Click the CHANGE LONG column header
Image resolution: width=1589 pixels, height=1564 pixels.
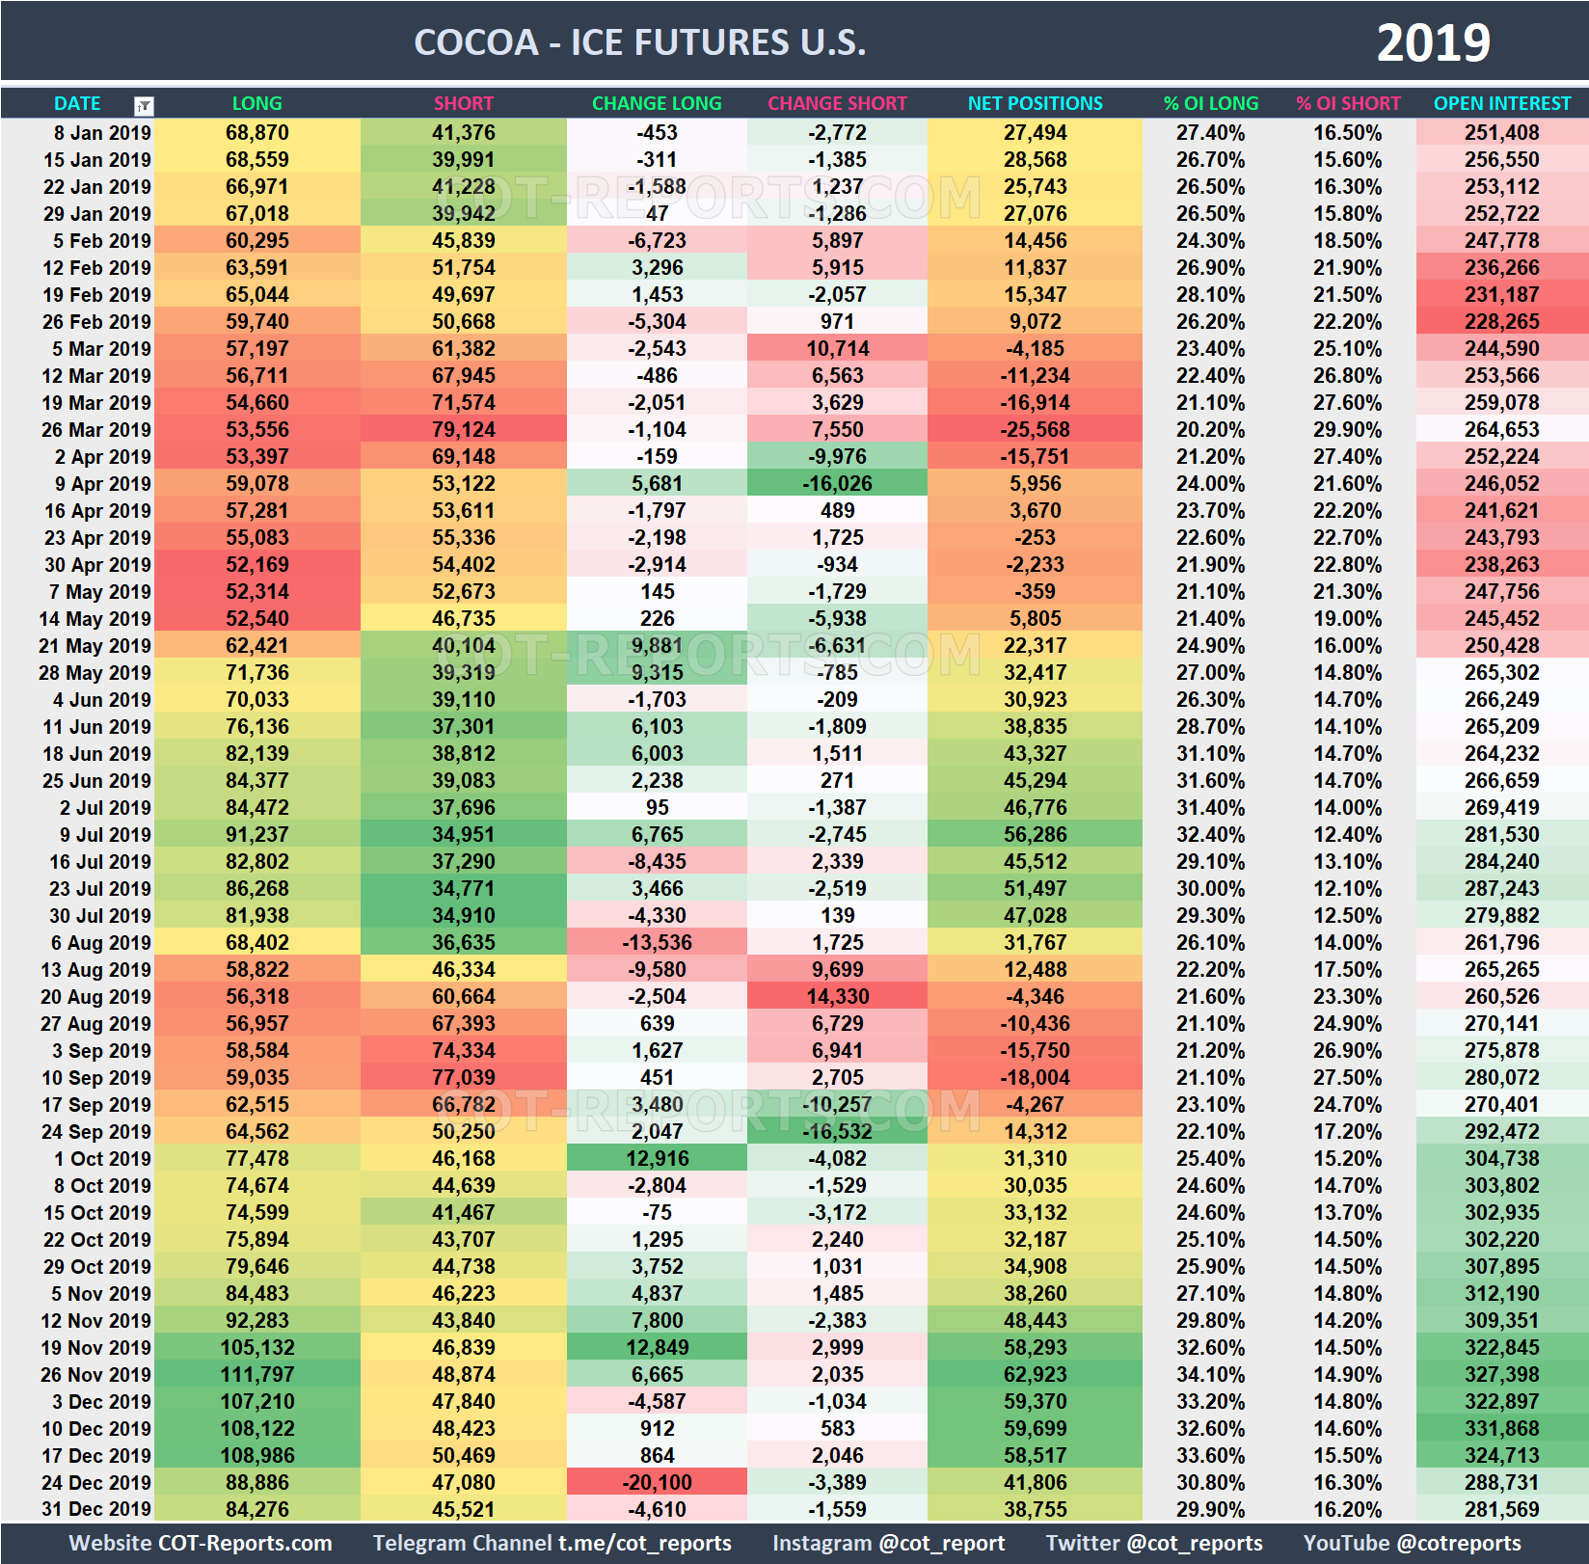(x=656, y=103)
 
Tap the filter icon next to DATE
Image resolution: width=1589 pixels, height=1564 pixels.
(x=144, y=105)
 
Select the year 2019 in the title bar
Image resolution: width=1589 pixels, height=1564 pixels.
(x=1433, y=42)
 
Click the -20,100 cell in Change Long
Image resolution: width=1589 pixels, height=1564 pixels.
(x=657, y=1482)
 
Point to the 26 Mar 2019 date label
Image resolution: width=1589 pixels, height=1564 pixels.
(x=96, y=429)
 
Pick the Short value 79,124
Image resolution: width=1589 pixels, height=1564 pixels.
(x=463, y=429)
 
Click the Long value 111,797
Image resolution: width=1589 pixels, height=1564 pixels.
(x=256, y=1374)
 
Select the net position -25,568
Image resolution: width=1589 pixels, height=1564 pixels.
(x=1035, y=429)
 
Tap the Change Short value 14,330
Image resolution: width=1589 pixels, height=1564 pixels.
(x=837, y=996)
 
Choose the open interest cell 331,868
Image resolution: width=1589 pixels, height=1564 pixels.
(x=1501, y=1428)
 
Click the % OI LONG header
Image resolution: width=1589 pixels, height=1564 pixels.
(x=1210, y=103)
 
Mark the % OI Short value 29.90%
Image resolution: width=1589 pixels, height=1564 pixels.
(x=1347, y=429)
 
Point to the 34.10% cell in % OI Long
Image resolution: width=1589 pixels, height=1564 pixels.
(x=1210, y=1374)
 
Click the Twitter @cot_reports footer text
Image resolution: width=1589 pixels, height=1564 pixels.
(x=1153, y=1543)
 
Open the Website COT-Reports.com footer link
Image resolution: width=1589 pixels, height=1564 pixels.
(x=201, y=1543)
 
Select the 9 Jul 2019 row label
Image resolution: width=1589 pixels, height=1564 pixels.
(x=105, y=834)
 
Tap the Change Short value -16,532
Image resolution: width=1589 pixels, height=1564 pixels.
(x=837, y=1131)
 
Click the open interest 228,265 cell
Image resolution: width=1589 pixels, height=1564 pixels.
(x=1501, y=321)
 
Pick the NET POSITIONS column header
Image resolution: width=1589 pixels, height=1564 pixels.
(x=1035, y=103)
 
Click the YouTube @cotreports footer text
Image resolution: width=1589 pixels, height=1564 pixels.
(x=1412, y=1543)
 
